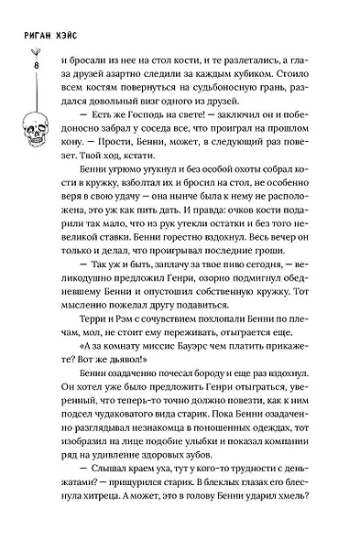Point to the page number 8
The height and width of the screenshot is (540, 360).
(36, 66)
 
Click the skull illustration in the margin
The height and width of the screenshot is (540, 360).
(36, 128)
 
